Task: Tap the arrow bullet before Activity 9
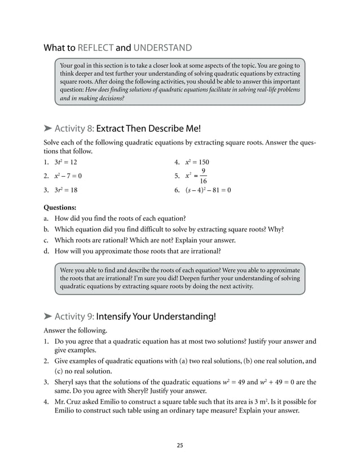pyautogui.click(x=47, y=316)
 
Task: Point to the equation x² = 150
pyautogui.click(x=197, y=163)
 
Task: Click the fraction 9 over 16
pyautogui.click(x=203, y=176)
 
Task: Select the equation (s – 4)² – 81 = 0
pyautogui.click(x=208, y=190)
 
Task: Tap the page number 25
pyautogui.click(x=179, y=445)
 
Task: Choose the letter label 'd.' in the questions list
pyautogui.click(x=47, y=251)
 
